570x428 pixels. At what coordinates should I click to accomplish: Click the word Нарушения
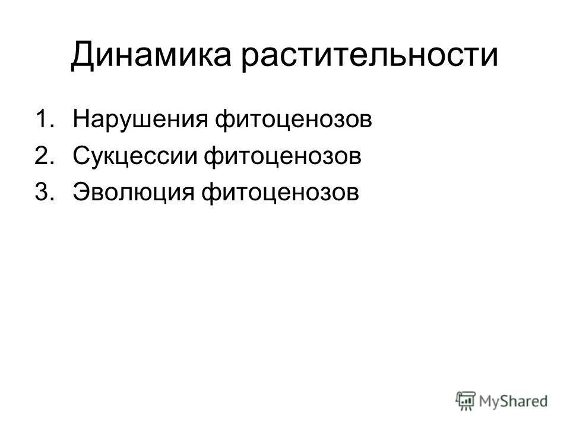(x=140, y=119)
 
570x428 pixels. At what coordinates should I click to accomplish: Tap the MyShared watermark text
(x=514, y=401)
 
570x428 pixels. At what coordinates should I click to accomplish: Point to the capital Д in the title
(x=83, y=56)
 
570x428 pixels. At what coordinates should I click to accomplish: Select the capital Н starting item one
(x=80, y=119)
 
